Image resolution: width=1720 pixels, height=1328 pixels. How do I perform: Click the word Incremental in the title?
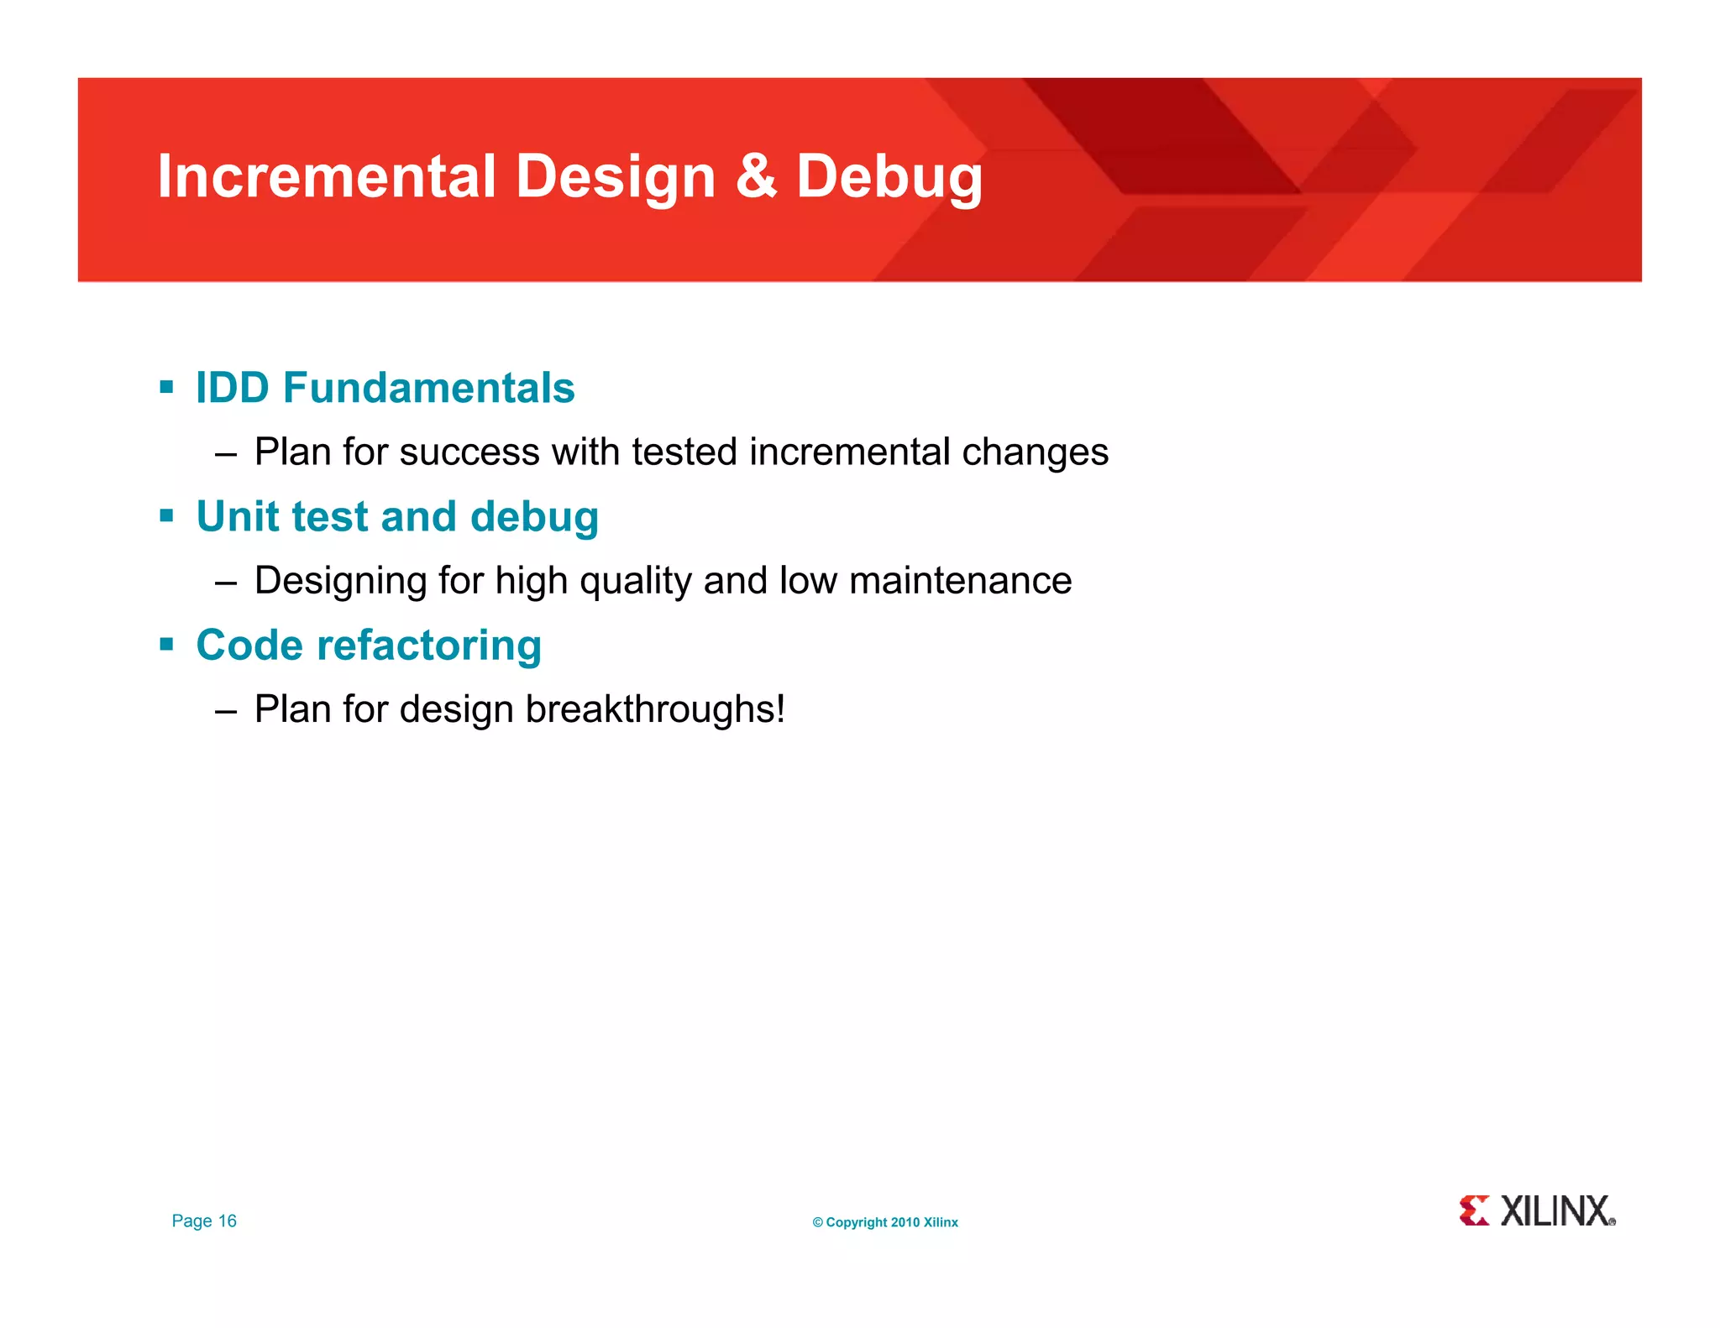[x=327, y=176]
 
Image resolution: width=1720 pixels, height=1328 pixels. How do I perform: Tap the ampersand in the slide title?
[x=755, y=176]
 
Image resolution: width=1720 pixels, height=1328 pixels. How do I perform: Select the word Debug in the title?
[x=889, y=178]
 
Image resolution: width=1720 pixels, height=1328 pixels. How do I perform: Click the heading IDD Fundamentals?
[x=385, y=388]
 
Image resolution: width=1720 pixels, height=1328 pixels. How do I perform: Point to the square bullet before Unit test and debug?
[x=166, y=515]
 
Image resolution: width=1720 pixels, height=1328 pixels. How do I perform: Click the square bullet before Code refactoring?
[x=166, y=645]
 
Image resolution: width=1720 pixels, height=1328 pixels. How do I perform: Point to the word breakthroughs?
[x=655, y=709]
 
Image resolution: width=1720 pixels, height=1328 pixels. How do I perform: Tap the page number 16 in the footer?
[x=228, y=1221]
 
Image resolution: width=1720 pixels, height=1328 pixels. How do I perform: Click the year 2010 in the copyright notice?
[x=905, y=1222]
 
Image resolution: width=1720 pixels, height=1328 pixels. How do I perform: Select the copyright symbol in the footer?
[x=817, y=1222]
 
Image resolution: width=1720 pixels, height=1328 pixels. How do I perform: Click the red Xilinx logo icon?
[x=1474, y=1210]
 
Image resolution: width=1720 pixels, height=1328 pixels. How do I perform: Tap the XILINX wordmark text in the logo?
[x=1556, y=1211]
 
